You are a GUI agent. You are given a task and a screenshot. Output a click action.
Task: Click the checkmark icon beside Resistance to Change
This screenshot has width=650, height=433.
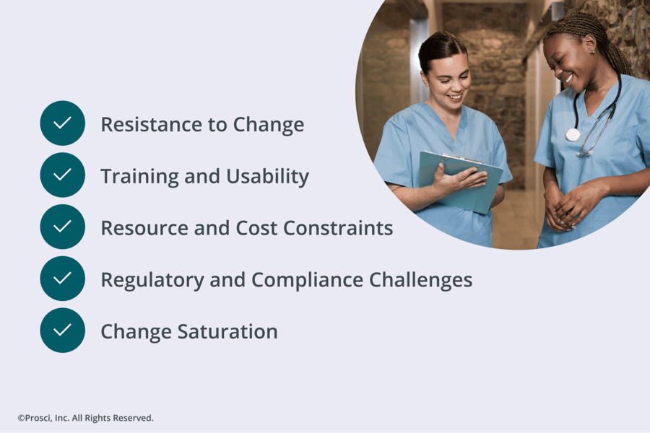[x=63, y=123]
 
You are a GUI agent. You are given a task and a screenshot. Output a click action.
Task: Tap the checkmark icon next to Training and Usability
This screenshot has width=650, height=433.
[x=63, y=175]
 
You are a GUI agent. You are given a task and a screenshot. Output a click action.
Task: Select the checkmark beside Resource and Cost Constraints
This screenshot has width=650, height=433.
[x=63, y=227]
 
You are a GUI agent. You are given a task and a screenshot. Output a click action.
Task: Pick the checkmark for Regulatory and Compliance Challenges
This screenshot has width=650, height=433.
[x=63, y=279]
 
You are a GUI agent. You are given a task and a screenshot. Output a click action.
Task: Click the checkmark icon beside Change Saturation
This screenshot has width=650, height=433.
[x=63, y=331]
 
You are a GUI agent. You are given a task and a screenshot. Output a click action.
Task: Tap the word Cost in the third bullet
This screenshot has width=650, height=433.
[x=256, y=228]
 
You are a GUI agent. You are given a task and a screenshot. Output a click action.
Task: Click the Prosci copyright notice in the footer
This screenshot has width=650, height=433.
[x=85, y=418]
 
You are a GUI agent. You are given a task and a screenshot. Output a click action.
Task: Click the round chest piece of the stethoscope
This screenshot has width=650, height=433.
[x=573, y=134]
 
